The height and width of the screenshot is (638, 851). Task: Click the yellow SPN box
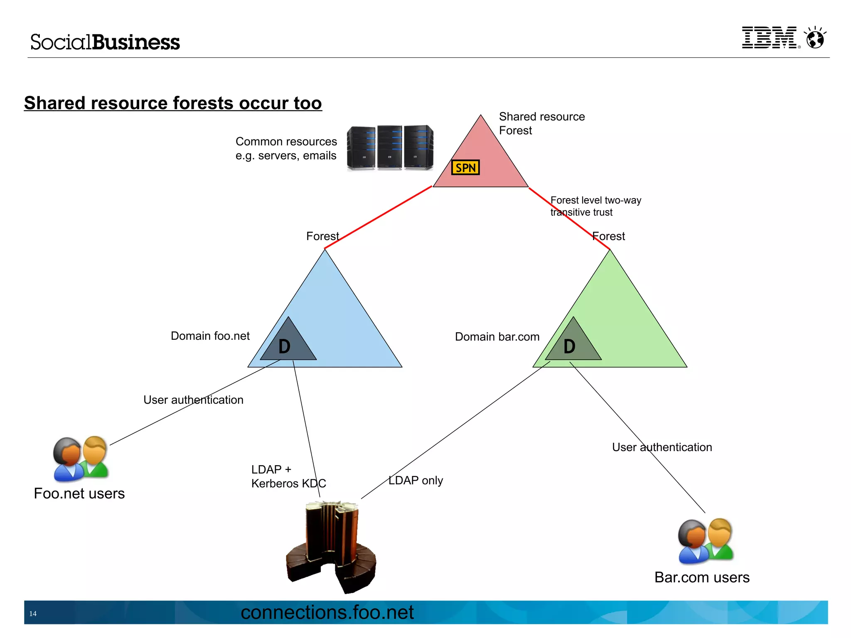pos(465,167)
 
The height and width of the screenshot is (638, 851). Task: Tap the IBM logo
pos(770,38)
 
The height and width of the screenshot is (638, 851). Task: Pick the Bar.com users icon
pos(706,541)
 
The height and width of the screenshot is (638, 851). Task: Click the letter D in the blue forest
pos(284,346)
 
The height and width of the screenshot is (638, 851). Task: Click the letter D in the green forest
pos(569,346)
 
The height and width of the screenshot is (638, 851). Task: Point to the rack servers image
pos(390,147)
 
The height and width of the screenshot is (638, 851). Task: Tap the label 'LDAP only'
pos(416,481)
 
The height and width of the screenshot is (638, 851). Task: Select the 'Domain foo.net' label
pos(210,336)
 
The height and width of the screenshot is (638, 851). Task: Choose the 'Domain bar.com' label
pos(497,337)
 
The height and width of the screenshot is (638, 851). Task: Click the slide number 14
pos(33,613)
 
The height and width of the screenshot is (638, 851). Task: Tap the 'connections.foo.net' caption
pos(327,612)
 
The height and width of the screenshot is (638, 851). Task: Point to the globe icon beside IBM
pos(815,39)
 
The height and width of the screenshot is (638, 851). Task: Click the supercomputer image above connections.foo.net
pos(331,546)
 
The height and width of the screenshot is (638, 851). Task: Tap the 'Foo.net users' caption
pos(79,493)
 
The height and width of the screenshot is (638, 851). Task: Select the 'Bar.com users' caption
pos(702,577)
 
